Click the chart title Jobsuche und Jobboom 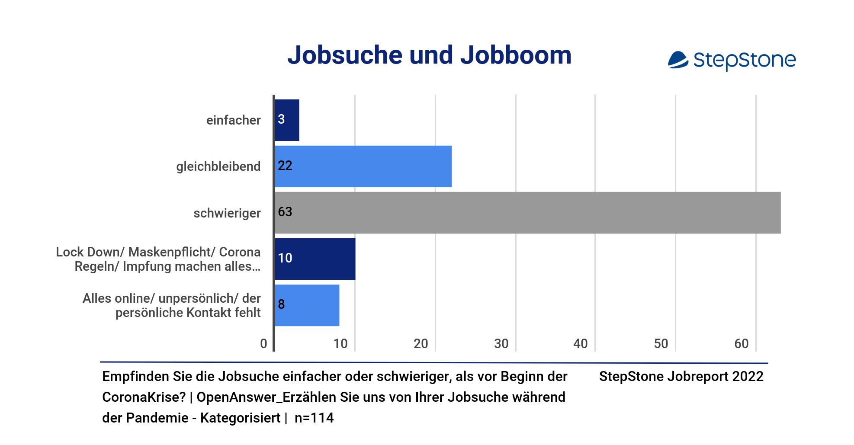pos(429,55)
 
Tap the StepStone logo pos(732,60)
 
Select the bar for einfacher pos(287,120)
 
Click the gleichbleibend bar pos(363,166)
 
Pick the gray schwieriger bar pos(528,213)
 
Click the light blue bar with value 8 pos(308,305)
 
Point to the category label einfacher pos(233,120)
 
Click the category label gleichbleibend pos(218,166)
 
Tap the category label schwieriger pos(227,213)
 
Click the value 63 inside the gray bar pos(285,212)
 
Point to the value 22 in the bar pos(285,166)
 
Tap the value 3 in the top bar pos(281,119)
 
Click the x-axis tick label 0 pos(263,344)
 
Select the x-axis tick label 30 pos(501,344)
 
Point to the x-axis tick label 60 pos(741,344)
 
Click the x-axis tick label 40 pos(580,344)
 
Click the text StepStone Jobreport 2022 pos(681,377)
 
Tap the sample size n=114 pos(314,418)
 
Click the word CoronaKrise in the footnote pos(143,397)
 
